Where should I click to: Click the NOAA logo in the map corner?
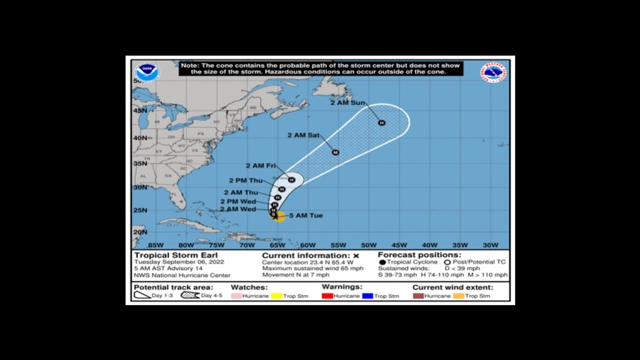[147, 71]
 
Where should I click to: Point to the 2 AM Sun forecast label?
[348, 104]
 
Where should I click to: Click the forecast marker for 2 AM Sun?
[381, 123]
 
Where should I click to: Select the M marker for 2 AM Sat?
[335, 152]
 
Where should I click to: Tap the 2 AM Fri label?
[261, 166]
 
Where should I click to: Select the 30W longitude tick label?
[490, 244]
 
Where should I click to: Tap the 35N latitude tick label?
[139, 164]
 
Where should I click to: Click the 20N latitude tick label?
[139, 232]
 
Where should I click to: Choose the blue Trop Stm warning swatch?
[369, 296]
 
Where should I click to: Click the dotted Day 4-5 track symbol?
[190, 296]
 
